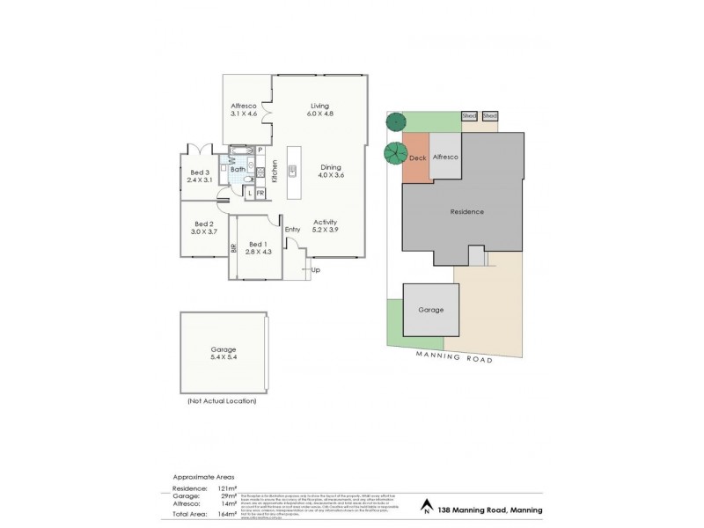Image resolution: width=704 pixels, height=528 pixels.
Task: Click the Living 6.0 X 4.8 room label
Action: (x=319, y=111)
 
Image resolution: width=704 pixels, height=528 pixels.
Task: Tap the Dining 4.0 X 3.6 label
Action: (x=330, y=171)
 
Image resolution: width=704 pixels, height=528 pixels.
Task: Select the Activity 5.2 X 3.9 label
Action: (x=326, y=226)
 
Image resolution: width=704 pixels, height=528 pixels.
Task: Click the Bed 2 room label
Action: (x=203, y=229)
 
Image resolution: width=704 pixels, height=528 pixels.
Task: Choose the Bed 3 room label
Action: (x=200, y=175)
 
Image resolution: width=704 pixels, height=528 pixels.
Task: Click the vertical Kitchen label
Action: (x=275, y=170)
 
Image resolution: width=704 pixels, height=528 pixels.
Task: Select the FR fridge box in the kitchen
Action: (x=260, y=192)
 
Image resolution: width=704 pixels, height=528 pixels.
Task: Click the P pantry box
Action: (x=260, y=150)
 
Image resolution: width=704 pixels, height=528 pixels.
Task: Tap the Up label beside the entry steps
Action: (x=315, y=270)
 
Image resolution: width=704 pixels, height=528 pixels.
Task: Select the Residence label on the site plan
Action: (x=466, y=212)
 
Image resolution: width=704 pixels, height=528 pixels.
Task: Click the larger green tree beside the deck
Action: (x=395, y=153)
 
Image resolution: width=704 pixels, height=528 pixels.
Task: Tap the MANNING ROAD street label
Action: (x=456, y=356)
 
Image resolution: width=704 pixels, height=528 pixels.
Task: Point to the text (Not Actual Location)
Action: (x=221, y=400)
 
